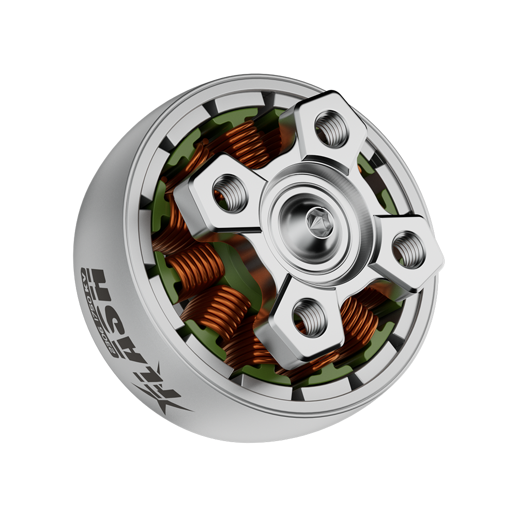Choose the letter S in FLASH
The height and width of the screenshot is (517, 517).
coord(113,320)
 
